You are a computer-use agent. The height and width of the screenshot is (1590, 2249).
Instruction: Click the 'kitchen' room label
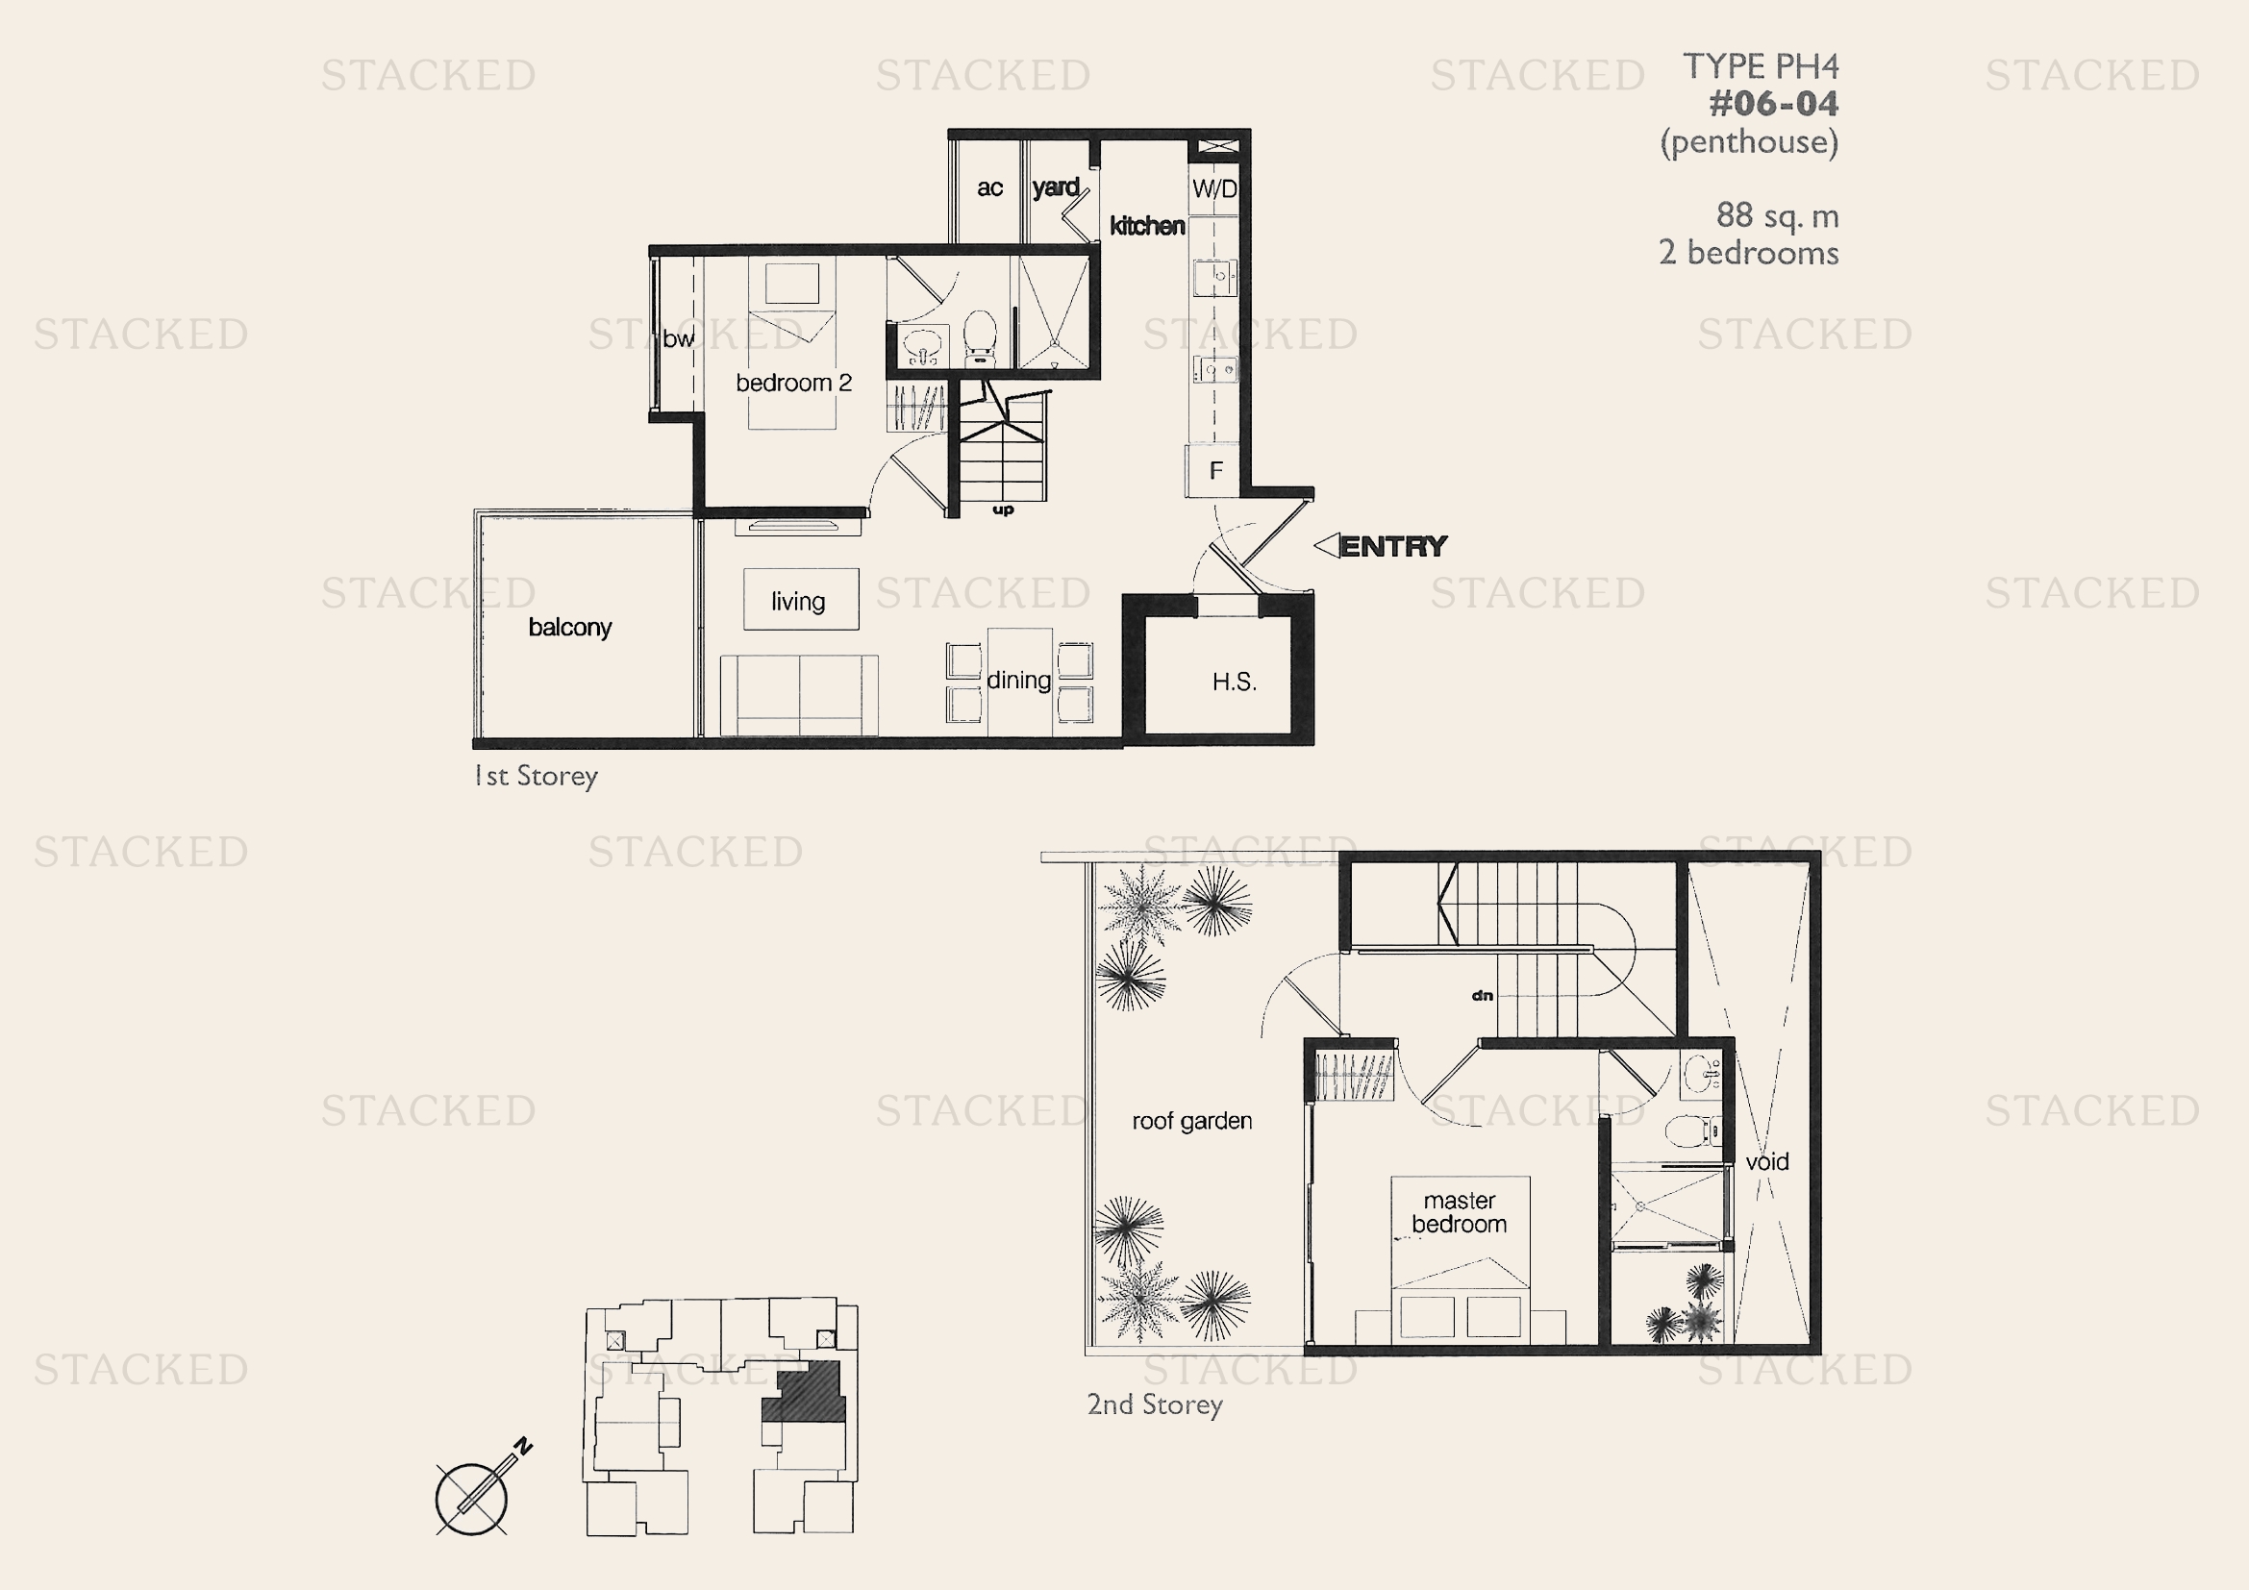tap(1147, 226)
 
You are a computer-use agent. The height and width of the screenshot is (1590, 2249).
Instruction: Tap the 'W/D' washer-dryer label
tap(1214, 189)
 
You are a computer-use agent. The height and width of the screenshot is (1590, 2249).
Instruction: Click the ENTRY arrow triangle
tap(1326, 545)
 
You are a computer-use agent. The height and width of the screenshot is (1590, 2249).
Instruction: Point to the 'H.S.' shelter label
tap(1235, 682)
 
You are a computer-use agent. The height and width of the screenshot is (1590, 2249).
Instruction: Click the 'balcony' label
tap(570, 627)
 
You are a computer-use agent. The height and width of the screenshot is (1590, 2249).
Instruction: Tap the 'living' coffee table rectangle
tap(801, 599)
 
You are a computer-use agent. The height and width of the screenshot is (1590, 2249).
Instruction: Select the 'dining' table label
tap(1018, 680)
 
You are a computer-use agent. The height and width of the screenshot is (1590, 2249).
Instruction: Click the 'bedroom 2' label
tap(793, 383)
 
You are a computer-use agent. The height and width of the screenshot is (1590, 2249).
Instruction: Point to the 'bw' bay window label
tap(678, 338)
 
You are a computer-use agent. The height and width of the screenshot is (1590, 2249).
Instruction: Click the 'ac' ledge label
tap(989, 188)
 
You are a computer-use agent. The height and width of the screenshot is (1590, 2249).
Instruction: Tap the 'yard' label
tap(1056, 187)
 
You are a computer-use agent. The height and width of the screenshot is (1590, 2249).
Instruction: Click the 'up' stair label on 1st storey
tap(1003, 510)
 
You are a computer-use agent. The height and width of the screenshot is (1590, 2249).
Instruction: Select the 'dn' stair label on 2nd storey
tap(1482, 996)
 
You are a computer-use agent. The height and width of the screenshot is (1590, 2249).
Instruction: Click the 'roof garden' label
tap(1192, 1121)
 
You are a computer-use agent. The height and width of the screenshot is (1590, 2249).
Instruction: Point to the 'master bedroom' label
tap(1459, 1212)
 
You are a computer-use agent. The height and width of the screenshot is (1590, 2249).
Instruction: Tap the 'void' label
tap(1767, 1162)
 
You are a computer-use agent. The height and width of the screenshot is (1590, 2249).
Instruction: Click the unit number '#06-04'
tap(1774, 104)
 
